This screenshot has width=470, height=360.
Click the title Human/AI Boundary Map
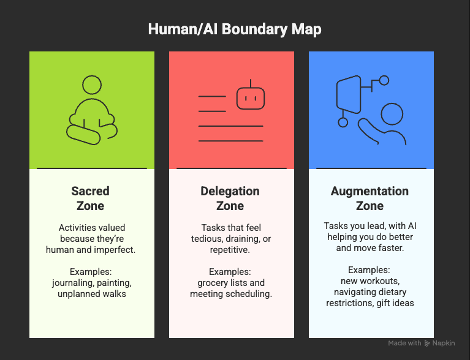[235, 29]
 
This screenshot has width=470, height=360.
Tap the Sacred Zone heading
[91, 199]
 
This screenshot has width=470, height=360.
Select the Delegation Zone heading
[230, 199]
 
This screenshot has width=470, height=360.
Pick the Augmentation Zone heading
[370, 199]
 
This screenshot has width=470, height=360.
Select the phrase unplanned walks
[91, 293]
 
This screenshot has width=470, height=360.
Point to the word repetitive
[230, 249]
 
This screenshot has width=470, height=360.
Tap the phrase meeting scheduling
[230, 293]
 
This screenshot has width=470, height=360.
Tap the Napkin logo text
[444, 343]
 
